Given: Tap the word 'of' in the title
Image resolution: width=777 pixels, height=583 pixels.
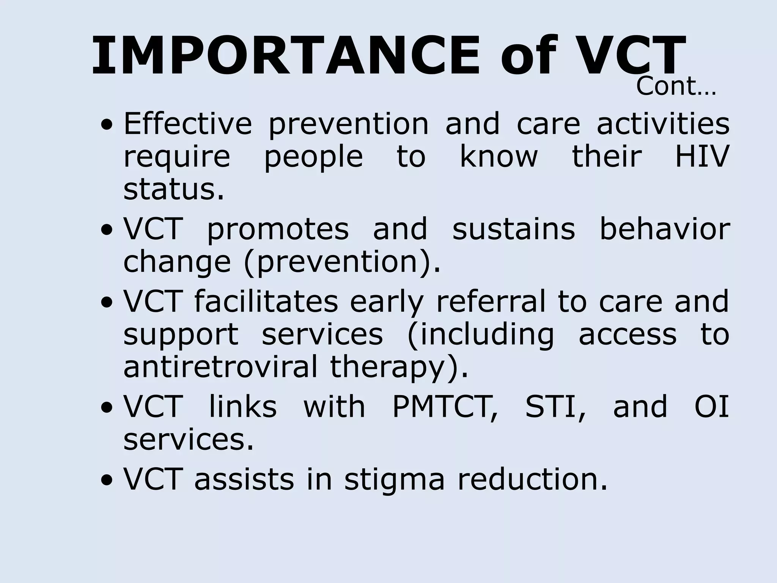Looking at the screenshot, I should [x=528, y=56].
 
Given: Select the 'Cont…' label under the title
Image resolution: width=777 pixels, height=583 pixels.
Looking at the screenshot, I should [x=676, y=87].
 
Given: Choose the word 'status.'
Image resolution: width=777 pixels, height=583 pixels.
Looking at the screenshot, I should [x=174, y=189].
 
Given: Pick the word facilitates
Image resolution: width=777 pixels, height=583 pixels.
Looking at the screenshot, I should [x=266, y=301].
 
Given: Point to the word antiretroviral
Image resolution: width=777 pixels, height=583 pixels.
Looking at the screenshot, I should [x=220, y=367].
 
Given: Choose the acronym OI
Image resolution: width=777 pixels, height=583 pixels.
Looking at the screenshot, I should [x=712, y=407].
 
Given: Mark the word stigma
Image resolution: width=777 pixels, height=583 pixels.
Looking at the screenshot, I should [x=394, y=480].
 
